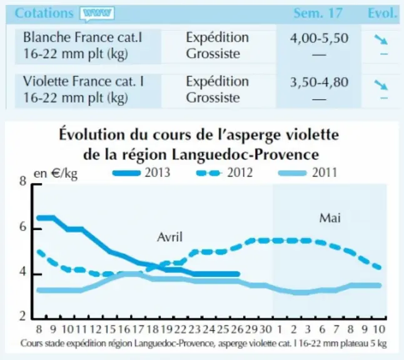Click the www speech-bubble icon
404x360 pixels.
click(x=97, y=13)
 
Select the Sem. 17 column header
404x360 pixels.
click(x=318, y=13)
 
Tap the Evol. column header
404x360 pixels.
click(x=382, y=13)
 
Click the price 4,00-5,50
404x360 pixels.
click(x=319, y=38)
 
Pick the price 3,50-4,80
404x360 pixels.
click(x=319, y=82)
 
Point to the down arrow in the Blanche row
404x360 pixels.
click(x=381, y=39)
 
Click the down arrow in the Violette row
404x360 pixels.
click(x=381, y=85)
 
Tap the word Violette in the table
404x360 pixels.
click(x=46, y=81)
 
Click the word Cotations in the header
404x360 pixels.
click(x=44, y=13)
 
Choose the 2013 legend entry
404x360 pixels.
click(x=141, y=172)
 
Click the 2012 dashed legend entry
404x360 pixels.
click(x=225, y=172)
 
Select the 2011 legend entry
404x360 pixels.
click(x=308, y=172)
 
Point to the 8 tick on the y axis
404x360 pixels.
click(x=23, y=181)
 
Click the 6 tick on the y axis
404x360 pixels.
click(x=23, y=227)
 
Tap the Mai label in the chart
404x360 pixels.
click(x=330, y=218)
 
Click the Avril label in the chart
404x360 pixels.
click(x=170, y=237)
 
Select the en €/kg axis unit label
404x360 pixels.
click(x=56, y=174)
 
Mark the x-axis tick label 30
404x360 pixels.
click(x=265, y=329)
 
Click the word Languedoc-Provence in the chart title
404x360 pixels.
click(x=245, y=155)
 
